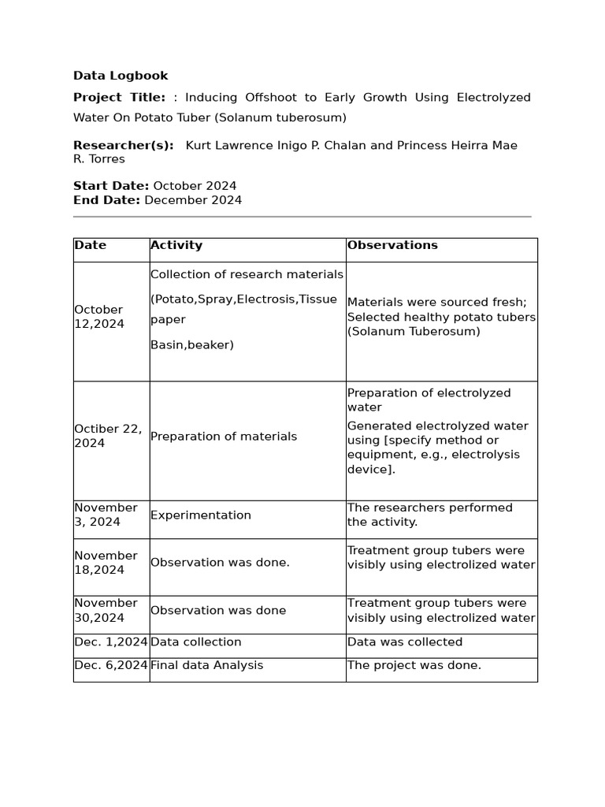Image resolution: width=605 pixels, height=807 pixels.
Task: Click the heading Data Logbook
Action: [121, 76]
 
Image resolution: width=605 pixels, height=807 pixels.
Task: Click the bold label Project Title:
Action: [119, 98]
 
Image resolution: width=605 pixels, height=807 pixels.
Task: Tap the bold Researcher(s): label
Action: [123, 145]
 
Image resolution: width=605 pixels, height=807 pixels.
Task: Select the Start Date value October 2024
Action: [195, 186]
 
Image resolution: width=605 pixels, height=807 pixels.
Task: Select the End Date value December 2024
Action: [192, 200]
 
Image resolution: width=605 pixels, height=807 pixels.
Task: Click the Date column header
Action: [91, 245]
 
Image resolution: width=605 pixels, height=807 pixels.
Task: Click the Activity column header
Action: [176, 245]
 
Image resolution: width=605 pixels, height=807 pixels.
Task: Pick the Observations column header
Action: [392, 245]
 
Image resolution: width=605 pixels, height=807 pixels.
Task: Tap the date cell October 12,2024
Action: [98, 317]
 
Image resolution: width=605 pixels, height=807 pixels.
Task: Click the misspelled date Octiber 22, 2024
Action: [108, 436]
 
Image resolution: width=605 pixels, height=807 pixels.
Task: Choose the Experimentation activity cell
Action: [201, 515]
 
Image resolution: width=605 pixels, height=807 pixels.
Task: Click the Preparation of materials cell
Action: [224, 437]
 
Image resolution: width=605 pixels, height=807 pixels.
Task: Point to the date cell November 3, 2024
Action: [106, 515]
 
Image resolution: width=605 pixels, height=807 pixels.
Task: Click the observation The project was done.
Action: [414, 665]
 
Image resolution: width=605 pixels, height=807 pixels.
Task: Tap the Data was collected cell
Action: [405, 642]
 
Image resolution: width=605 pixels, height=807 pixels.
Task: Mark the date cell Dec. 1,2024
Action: [111, 642]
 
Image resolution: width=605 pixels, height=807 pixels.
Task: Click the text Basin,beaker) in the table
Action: [192, 345]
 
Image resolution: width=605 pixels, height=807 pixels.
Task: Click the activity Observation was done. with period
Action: [220, 563]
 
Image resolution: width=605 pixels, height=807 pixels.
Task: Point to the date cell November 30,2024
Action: [106, 610]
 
